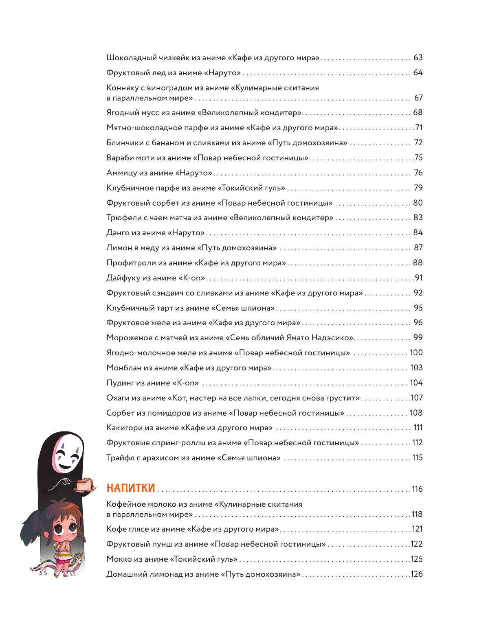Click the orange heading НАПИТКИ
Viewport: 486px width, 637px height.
click(130, 488)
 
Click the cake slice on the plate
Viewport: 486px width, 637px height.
click(85, 485)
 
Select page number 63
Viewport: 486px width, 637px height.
click(418, 58)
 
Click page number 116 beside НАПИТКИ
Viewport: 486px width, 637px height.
click(417, 489)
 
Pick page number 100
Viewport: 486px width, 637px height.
click(416, 353)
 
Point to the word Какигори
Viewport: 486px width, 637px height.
click(124, 428)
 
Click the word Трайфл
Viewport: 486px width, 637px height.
click(120, 458)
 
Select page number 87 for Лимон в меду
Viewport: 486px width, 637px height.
click(418, 248)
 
